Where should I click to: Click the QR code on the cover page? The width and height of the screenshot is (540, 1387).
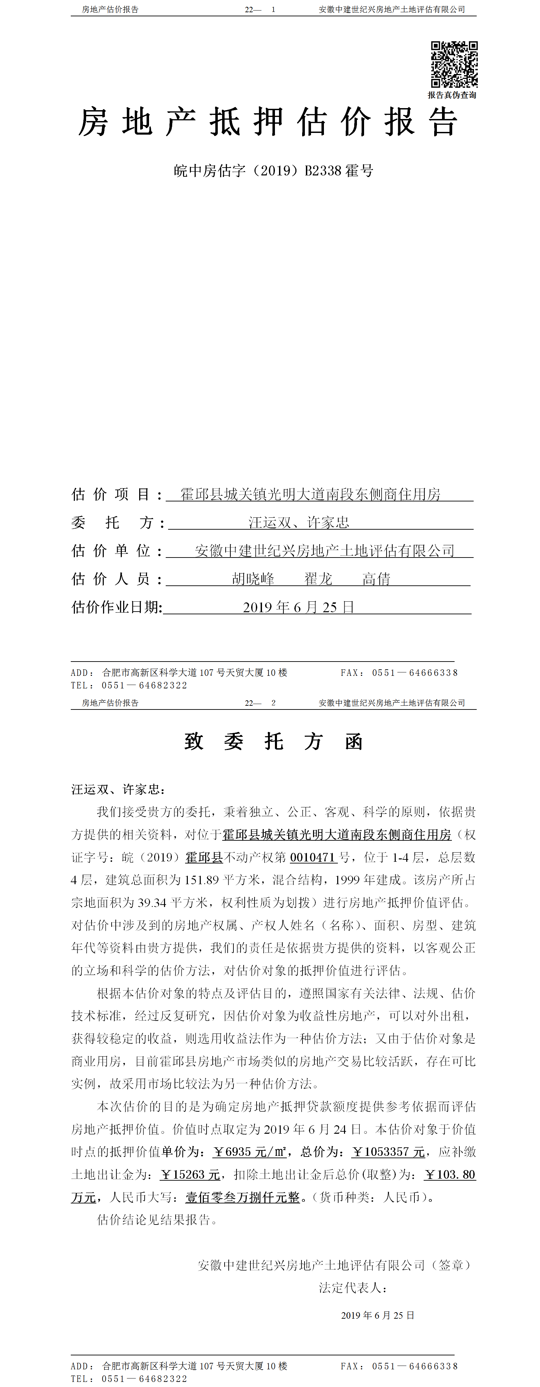click(454, 64)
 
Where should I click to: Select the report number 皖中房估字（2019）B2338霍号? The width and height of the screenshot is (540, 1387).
click(273, 171)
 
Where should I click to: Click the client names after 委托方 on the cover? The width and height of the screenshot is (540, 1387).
click(298, 522)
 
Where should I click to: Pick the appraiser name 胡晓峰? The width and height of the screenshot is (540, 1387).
click(253, 579)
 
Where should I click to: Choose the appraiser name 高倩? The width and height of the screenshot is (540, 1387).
click(376, 579)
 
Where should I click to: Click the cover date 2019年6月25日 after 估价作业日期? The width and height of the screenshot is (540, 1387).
click(298, 607)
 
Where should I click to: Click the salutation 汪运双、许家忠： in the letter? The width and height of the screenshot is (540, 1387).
click(118, 789)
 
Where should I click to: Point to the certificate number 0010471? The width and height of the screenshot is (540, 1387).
click(313, 857)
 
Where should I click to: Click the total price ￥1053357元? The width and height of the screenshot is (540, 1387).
click(388, 1152)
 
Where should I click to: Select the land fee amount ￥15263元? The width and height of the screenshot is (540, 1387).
click(191, 1174)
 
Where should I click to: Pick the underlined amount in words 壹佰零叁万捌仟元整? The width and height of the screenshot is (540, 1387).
click(243, 1197)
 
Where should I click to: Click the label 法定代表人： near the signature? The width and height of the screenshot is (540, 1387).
click(353, 1287)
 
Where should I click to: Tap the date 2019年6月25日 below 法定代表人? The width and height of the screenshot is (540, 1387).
click(377, 1315)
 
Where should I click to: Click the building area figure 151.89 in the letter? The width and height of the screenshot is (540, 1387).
click(201, 880)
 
